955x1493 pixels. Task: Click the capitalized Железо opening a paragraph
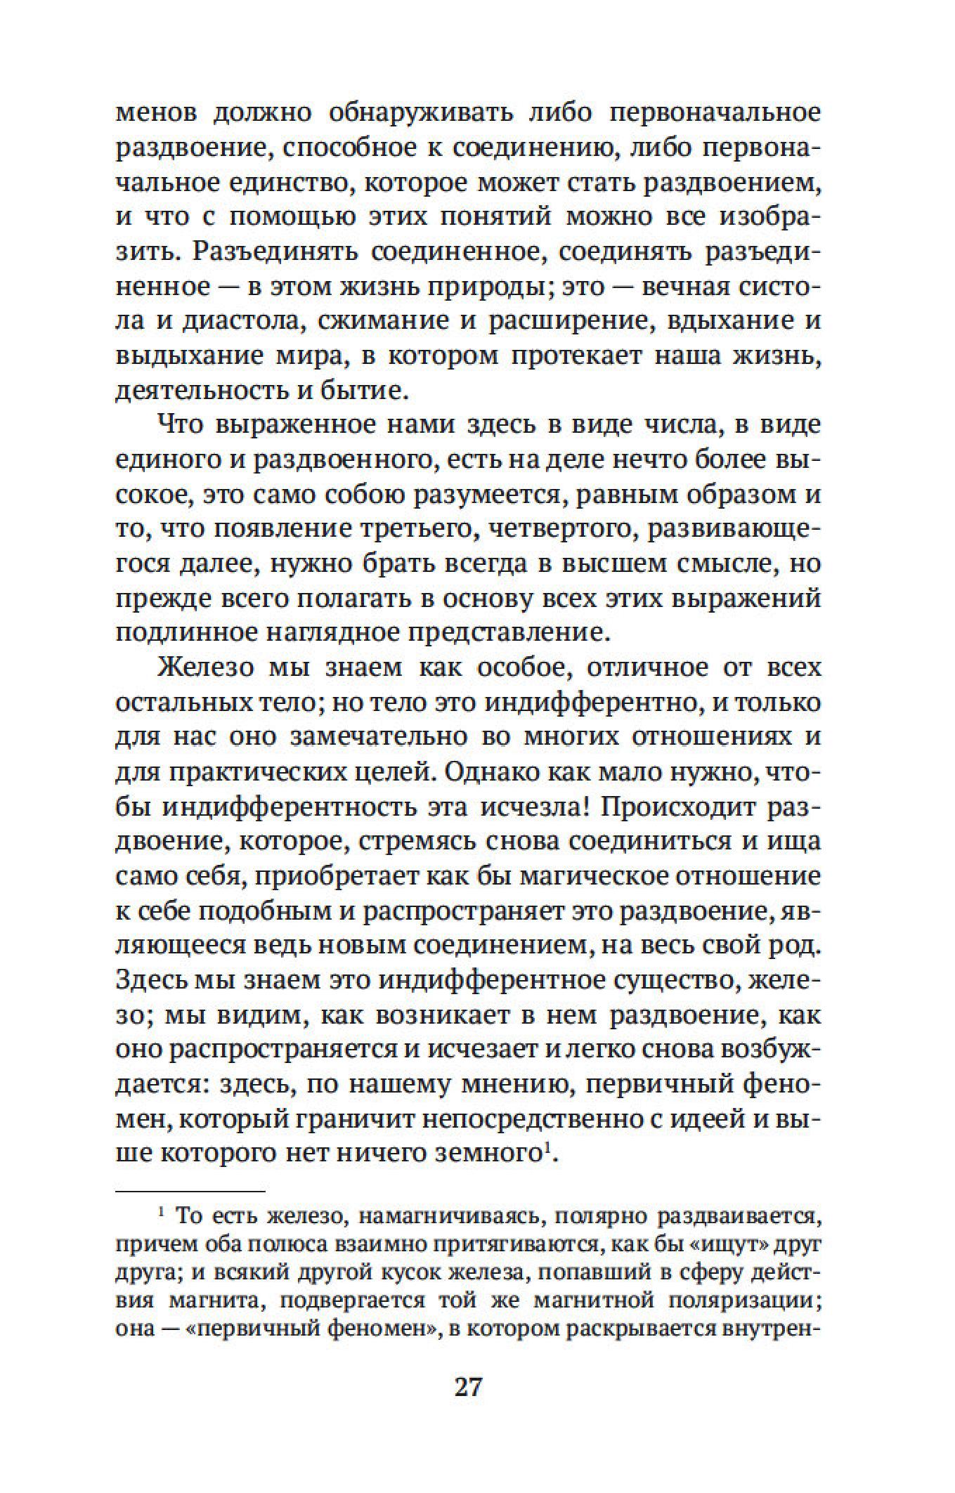pos(206,667)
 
